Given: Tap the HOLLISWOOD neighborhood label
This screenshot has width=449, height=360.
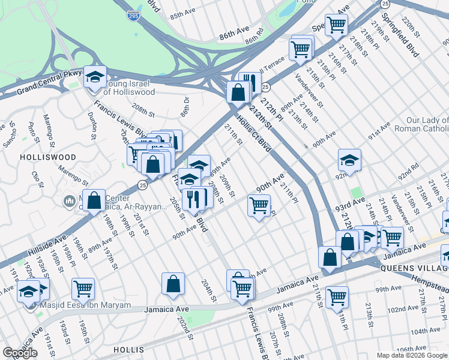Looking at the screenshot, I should coord(48,157).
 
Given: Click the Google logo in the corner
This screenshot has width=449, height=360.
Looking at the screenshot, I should coord(20,353).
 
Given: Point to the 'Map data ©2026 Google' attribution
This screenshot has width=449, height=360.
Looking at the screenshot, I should coord(411,355).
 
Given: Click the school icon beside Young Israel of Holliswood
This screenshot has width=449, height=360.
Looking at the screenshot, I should coord(95,77).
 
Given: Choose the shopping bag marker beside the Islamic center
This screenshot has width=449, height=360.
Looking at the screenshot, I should coord(94,201).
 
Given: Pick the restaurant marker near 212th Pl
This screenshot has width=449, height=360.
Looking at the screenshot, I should coord(249,83).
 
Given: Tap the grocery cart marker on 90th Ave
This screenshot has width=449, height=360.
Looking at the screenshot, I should coord(259,206).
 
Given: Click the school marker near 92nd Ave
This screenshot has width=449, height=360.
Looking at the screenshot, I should coord(349,160).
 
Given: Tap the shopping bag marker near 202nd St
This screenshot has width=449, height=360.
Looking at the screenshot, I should coord(173,284).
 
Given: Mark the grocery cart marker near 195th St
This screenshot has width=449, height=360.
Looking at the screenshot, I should coord(83,289).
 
